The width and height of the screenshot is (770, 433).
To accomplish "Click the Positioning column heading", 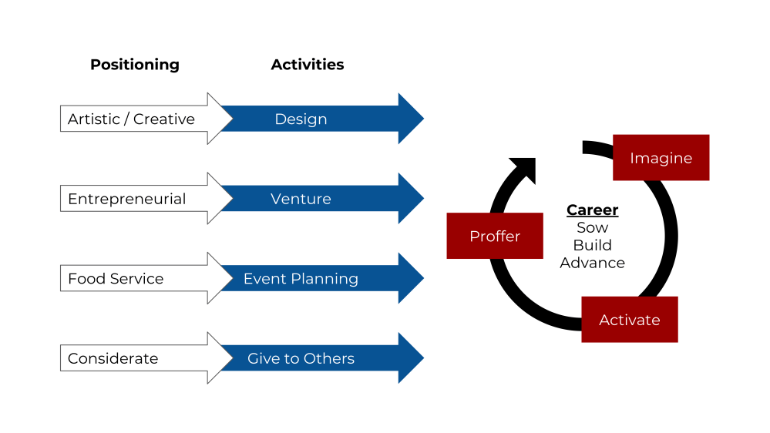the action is click(x=135, y=65).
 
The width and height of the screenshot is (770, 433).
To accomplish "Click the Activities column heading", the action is click(x=308, y=64).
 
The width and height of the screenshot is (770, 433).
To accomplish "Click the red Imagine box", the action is click(x=661, y=158).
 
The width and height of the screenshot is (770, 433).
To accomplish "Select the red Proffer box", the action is click(x=495, y=236).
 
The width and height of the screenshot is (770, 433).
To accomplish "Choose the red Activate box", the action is click(x=630, y=320).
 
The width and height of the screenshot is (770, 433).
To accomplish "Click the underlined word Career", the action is click(x=592, y=210).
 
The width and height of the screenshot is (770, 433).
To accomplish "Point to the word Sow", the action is click(x=592, y=228).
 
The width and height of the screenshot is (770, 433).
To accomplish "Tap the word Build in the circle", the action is click(x=592, y=245).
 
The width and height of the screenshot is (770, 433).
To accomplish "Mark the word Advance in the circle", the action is click(x=592, y=263).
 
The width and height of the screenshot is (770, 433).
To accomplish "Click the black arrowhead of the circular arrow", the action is click(x=524, y=170).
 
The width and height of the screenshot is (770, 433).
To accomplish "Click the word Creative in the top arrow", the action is click(x=164, y=119).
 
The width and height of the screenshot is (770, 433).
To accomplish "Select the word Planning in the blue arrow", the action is click(x=324, y=279).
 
